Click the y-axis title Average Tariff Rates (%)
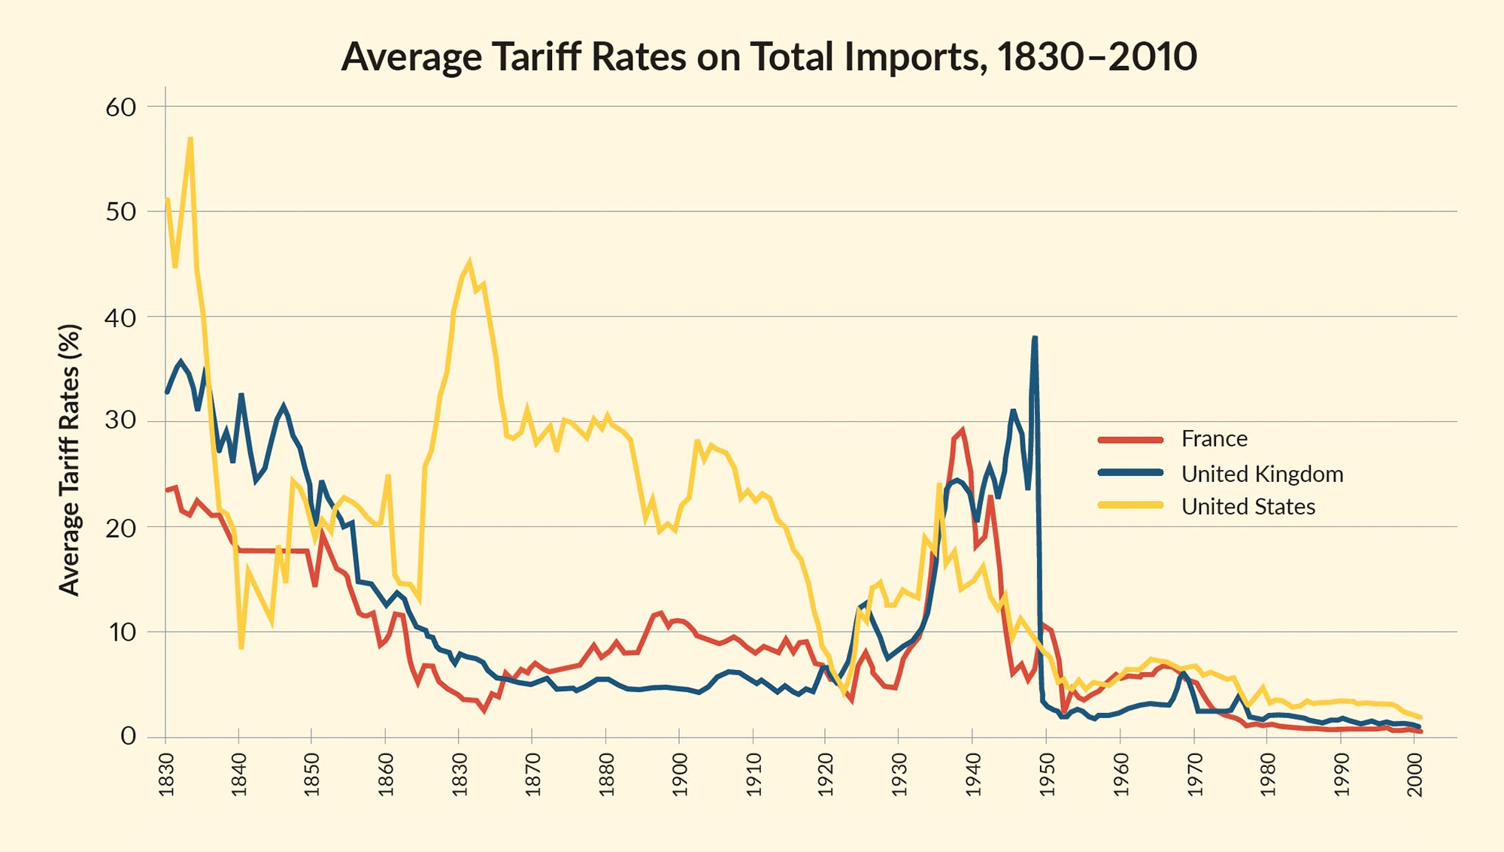point(69,459)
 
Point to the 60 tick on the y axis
point(121,107)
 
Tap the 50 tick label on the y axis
point(121,211)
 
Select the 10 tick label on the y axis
point(121,632)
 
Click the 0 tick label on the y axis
point(129,735)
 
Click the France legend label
point(1214,438)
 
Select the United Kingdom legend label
point(1262,474)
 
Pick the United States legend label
point(1248,506)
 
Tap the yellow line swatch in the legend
point(1130,505)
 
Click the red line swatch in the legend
point(1130,439)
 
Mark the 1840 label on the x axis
point(239,774)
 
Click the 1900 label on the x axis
point(680,774)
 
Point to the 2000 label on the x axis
point(1415,774)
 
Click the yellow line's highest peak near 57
point(190,138)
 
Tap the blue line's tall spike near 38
point(1035,338)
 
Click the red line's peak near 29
point(962,431)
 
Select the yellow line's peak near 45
point(469,262)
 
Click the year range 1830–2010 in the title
point(1097,56)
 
